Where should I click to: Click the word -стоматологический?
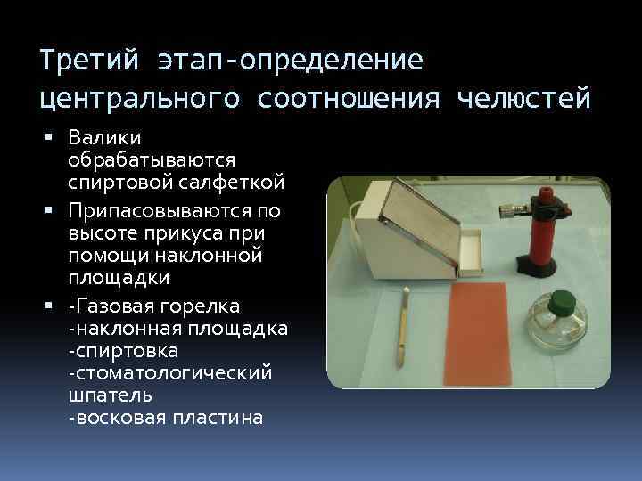coord(169,372)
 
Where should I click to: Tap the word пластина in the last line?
coord(218,417)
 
